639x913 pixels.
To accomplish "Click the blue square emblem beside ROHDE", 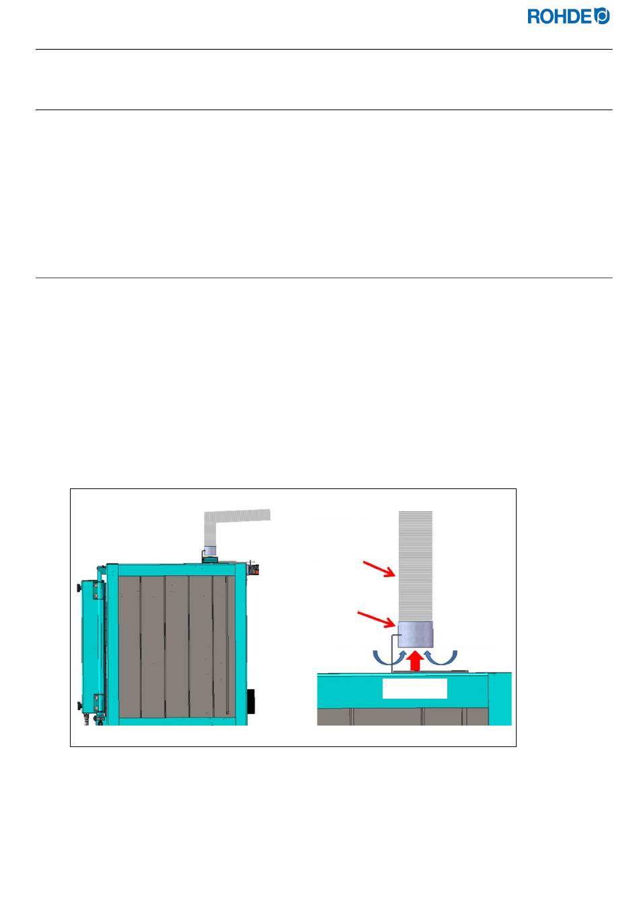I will click(603, 16).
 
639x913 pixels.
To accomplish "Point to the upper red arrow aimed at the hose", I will click(379, 570).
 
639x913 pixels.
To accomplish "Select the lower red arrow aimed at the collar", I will click(376, 618).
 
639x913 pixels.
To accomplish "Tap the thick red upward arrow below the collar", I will click(415, 660).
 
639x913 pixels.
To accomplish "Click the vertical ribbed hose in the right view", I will click(415, 564).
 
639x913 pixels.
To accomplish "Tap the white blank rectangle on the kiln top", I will click(414, 689).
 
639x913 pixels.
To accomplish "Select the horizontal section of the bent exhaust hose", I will click(242, 516).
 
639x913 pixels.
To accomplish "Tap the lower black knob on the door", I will click(79, 705).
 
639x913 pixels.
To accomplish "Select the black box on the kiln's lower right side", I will click(251, 701).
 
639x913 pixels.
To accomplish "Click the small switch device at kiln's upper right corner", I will click(254, 568).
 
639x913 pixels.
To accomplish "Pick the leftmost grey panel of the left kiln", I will click(129, 645).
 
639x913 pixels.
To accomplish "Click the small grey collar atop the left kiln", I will click(209, 552).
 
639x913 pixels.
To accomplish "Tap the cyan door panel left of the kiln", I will click(90, 645).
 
